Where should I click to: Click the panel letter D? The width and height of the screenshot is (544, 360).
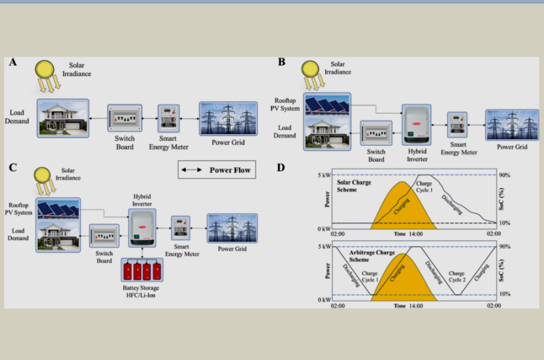point(282,167)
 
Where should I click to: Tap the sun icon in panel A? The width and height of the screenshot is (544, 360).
point(46,70)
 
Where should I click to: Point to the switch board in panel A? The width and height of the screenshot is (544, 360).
point(124,118)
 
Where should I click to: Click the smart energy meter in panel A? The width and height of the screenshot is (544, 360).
point(168,118)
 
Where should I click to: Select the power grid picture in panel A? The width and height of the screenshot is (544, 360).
point(228,118)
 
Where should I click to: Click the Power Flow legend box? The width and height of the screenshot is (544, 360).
point(217,169)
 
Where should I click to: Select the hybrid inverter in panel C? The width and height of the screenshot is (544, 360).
point(142,227)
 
